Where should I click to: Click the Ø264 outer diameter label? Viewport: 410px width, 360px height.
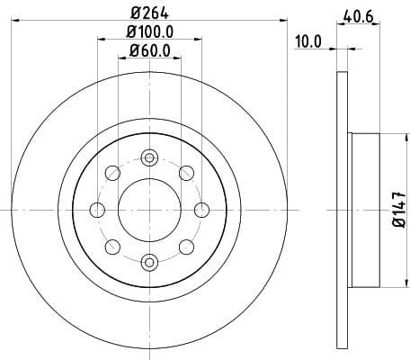click(x=149, y=13)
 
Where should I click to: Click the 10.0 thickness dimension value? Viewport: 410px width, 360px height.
click(x=307, y=41)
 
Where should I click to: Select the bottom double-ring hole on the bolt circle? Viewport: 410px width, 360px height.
click(x=149, y=262)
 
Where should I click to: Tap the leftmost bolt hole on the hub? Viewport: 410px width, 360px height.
click(x=97, y=210)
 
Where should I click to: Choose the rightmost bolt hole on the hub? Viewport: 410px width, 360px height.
click(x=201, y=210)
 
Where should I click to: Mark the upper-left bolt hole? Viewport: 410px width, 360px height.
click(x=112, y=173)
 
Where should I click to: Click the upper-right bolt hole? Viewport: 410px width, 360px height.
click(x=186, y=173)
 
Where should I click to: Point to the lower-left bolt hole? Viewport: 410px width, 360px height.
click(x=112, y=247)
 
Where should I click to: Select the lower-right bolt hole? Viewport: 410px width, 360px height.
click(x=186, y=247)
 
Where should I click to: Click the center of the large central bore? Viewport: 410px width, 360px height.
click(x=149, y=210)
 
